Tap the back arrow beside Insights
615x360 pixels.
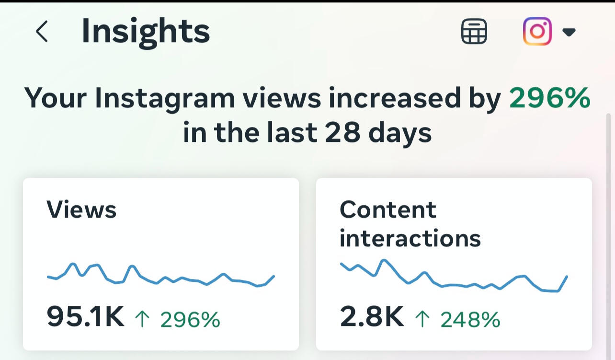tap(42, 32)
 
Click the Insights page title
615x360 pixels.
tap(146, 32)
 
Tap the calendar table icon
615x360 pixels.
tap(474, 32)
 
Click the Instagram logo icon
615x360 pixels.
tap(537, 32)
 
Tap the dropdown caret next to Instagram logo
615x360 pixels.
tap(569, 33)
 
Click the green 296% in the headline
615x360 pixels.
tap(549, 98)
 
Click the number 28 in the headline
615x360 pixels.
tap(342, 133)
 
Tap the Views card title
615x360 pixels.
tap(81, 210)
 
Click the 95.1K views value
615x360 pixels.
tap(85, 317)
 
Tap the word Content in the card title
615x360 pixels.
tap(388, 210)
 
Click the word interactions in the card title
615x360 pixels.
tap(410, 238)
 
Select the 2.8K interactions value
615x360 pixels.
tap(372, 317)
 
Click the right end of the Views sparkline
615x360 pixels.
tap(273, 277)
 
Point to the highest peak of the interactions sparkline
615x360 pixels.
tap(383, 260)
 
